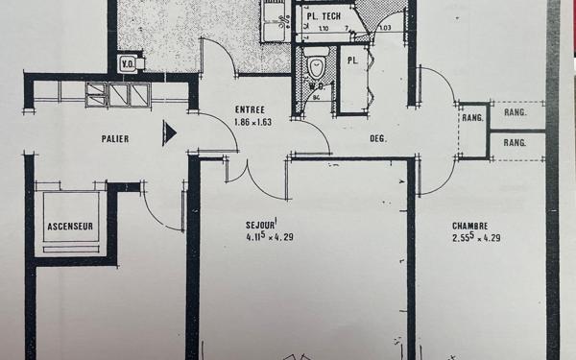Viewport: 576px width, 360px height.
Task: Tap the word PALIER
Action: tap(116, 138)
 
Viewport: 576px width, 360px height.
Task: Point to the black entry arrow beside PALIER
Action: tap(170, 132)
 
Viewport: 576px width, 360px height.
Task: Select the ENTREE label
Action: tap(251, 110)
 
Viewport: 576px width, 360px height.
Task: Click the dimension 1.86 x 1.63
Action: tap(253, 123)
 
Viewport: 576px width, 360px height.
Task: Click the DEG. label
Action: tap(378, 139)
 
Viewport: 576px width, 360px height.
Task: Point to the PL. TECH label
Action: tap(324, 16)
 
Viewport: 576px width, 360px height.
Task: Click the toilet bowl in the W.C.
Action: tap(316, 68)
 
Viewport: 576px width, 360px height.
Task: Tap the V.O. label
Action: tap(128, 65)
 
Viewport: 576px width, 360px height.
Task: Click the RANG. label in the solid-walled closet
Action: tap(471, 118)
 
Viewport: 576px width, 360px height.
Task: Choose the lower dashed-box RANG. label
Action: tap(516, 142)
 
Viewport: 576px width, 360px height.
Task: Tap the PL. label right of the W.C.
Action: tap(352, 60)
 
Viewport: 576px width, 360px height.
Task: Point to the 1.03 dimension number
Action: tap(385, 28)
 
